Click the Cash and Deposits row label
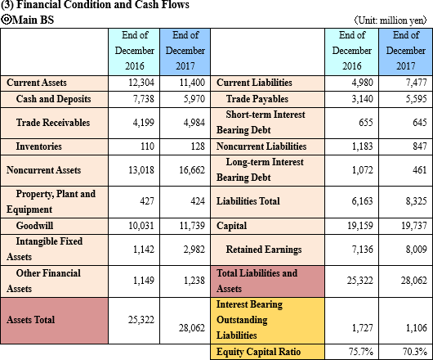point(53,99)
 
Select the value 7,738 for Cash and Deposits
point(144,99)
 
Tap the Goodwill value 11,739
point(192,226)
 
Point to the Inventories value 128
point(198,146)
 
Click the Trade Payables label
point(257,99)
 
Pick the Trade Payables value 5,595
point(416,99)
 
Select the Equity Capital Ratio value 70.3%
point(415,352)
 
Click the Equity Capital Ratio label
point(258,352)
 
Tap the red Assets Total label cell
point(54,321)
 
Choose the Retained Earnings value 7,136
point(362,250)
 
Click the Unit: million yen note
point(391,20)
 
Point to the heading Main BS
point(27,20)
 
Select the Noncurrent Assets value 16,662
point(192,170)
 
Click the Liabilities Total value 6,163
point(362,201)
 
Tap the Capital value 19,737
point(414,226)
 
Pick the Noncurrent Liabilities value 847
point(420,146)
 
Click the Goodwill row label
point(34,226)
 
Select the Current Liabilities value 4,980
point(362,83)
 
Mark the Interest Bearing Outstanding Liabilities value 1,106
point(417,328)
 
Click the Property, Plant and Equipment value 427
point(147,201)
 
